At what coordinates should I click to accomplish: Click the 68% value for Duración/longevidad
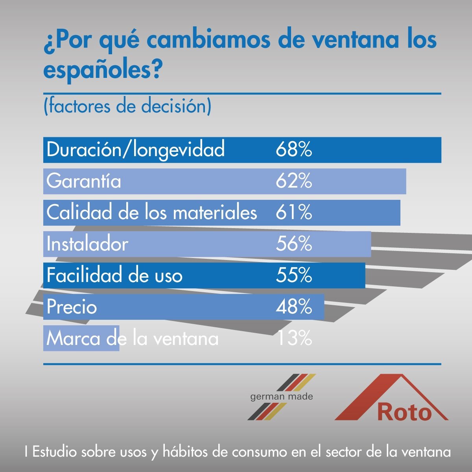pyautogui.click(x=294, y=150)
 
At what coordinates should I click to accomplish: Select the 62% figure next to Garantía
pyautogui.click(x=294, y=181)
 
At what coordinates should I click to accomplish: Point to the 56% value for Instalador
pyautogui.click(x=294, y=244)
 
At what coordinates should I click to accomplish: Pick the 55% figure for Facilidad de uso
pyautogui.click(x=294, y=275)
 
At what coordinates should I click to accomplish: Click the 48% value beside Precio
pyautogui.click(x=294, y=307)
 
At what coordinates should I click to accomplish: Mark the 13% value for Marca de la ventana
pyautogui.click(x=294, y=338)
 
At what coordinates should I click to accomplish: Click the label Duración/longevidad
pyautogui.click(x=135, y=150)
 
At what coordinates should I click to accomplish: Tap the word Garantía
pyautogui.click(x=84, y=181)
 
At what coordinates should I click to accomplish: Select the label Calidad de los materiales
pyautogui.click(x=151, y=213)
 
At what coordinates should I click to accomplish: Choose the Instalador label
pyautogui.click(x=87, y=244)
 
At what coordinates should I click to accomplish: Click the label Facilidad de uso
pyautogui.click(x=114, y=275)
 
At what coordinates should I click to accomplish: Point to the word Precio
pyautogui.click(x=72, y=307)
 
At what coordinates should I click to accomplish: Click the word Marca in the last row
pyautogui.click(x=73, y=338)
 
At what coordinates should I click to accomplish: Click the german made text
pyautogui.click(x=282, y=396)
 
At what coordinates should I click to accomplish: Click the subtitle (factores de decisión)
pyautogui.click(x=127, y=107)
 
